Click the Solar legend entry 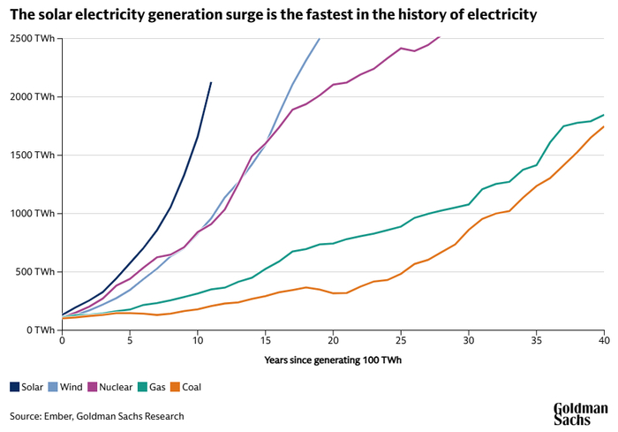pos(26,387)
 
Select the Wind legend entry pos(65,387)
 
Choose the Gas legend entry pos(152,387)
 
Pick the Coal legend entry pos(185,387)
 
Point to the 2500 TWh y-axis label pos(33,39)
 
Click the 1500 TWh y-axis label pos(33,155)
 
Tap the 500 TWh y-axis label pos(34,272)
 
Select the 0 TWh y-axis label pos(41,330)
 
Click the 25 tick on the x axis pos(401,340)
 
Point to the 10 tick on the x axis pos(198,340)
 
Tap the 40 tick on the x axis pos(604,340)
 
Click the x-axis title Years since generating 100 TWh pos(333,360)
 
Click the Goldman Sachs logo pos(581,413)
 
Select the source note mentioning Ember pos(97,416)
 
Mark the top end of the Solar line pos(211,82)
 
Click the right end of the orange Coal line pos(604,126)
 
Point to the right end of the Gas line pos(604,115)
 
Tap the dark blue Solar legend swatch pos(15,387)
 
